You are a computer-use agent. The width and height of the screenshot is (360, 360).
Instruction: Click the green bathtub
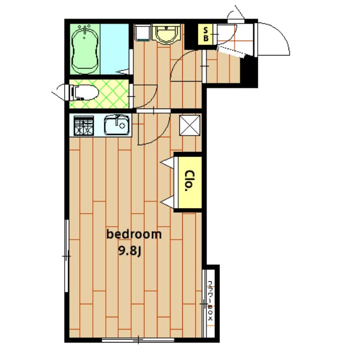(x=85, y=49)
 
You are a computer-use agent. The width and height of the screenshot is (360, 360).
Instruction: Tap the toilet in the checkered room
(x=84, y=91)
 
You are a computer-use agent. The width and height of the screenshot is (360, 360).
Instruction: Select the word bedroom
(x=134, y=233)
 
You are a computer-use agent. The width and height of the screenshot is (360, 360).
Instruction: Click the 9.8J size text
(x=129, y=250)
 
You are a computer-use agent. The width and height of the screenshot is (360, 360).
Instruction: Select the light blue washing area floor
(x=115, y=48)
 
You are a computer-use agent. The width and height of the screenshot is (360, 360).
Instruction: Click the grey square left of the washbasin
(x=142, y=33)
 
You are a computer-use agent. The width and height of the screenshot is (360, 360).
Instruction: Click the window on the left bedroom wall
(x=67, y=256)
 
